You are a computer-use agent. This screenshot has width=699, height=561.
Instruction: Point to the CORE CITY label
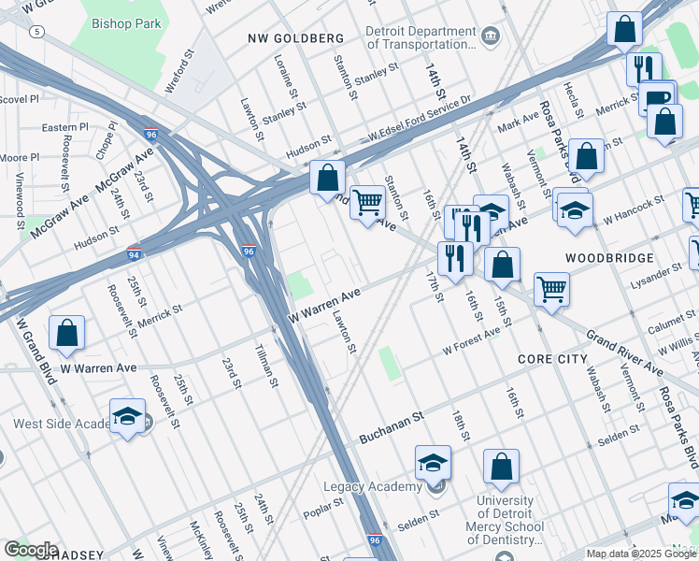tap(552, 359)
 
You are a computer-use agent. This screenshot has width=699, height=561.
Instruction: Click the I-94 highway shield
tap(136, 253)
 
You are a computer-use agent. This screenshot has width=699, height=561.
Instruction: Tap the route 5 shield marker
tap(36, 31)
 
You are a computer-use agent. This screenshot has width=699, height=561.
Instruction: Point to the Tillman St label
tap(266, 365)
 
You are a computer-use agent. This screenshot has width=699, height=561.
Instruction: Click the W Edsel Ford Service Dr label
tap(419, 125)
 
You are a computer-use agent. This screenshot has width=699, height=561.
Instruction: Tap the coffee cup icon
tap(658, 97)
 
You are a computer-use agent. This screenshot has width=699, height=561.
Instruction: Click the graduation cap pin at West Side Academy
tap(127, 416)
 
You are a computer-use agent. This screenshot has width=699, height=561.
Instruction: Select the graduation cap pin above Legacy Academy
tap(433, 463)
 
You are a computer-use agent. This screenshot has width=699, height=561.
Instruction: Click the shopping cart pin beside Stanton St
tap(368, 202)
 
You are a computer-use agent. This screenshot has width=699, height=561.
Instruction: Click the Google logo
tap(30, 549)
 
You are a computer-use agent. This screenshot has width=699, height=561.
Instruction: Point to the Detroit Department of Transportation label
tap(421, 36)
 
